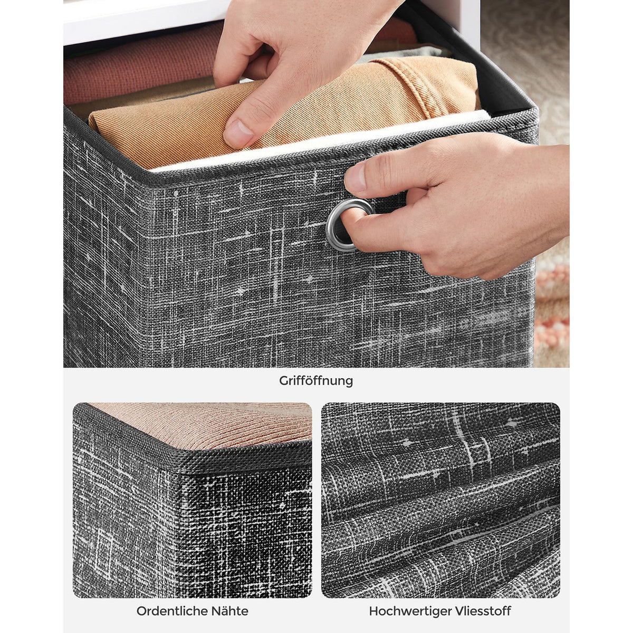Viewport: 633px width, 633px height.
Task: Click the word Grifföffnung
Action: (x=316, y=381)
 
